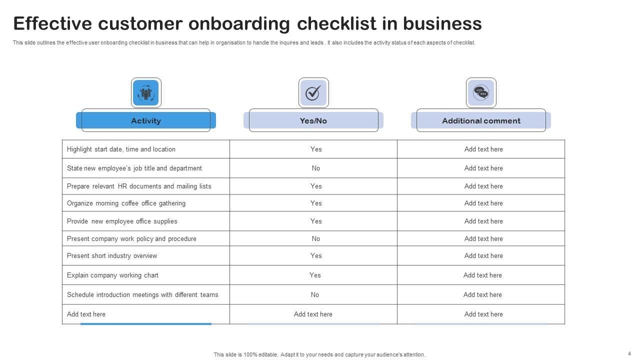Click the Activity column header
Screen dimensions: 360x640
145,120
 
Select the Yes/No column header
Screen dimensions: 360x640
313,120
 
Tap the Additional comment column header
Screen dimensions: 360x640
481,120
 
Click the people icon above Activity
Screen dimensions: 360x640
146,92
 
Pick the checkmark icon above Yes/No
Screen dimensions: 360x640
313,92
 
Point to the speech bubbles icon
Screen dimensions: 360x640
481,92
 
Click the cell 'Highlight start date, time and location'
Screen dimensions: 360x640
121,149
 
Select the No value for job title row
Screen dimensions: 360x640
316,168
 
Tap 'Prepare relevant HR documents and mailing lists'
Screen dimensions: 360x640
139,186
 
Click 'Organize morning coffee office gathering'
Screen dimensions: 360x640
126,203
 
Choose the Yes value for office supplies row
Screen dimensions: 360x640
316,221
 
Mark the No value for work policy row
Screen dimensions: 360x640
316,238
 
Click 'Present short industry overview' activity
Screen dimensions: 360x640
112,255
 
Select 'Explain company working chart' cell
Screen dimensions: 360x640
112,275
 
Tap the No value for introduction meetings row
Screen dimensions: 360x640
315,294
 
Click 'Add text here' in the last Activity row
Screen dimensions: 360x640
86,314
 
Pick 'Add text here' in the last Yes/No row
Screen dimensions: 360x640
313,314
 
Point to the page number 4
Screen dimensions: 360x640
629,353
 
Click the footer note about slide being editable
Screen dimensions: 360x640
319,354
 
